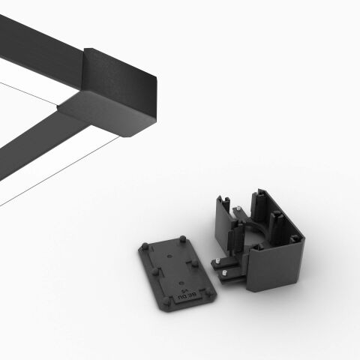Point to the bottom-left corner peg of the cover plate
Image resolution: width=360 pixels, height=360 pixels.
tap(166, 301)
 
